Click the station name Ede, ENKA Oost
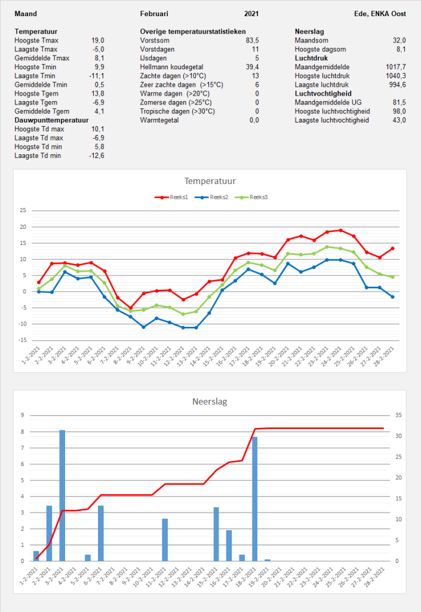tap(380, 14)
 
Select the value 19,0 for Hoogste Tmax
tap(98, 40)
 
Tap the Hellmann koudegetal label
tap(171, 67)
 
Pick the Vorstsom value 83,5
tap(252, 40)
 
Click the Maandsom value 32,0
tap(399, 40)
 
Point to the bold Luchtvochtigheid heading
tap(323, 93)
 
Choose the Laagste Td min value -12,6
tap(97, 155)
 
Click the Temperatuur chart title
tap(210, 180)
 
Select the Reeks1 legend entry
tap(171, 197)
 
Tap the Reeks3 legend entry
tap(251, 197)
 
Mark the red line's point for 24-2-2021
tap(341, 230)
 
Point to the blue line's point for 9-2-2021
tap(143, 327)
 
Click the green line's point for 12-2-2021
tap(183, 314)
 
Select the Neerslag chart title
tap(210, 401)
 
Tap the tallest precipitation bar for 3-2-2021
tap(62, 495)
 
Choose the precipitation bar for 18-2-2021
tap(254, 499)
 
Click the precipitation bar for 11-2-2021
tap(165, 540)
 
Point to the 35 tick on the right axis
tap(398, 415)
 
